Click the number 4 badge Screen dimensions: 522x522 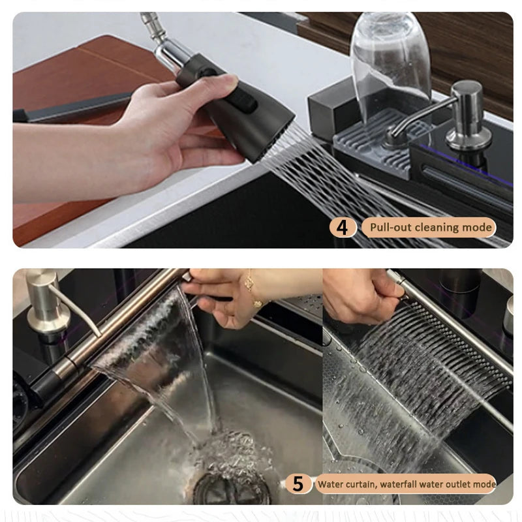[x=343, y=228]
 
